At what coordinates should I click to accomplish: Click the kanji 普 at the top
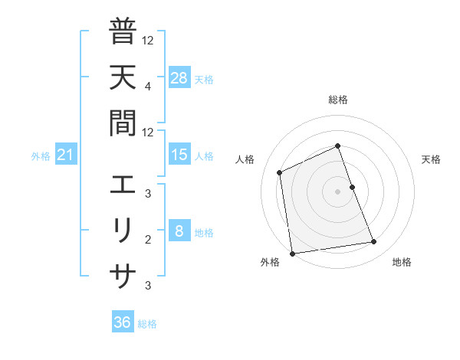tap(123, 33)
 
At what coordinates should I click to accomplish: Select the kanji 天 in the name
tap(123, 77)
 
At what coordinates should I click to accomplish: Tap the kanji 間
tap(123, 122)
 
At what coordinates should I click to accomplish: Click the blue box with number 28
tap(179, 78)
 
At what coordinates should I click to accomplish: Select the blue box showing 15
tap(179, 155)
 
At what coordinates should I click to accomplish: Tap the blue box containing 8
tap(179, 232)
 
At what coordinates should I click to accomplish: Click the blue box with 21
tap(66, 155)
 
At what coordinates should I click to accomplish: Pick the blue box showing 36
tap(123, 322)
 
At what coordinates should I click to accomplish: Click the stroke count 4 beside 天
tap(147, 86)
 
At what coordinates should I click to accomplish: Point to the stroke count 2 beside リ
tap(147, 239)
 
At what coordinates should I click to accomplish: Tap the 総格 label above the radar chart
tap(338, 100)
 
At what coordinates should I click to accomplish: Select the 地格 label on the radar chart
tap(402, 262)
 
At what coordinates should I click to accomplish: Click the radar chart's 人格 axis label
tap(245, 159)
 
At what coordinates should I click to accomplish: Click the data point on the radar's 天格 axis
tap(353, 187)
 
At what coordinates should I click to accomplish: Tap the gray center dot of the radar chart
tap(338, 191)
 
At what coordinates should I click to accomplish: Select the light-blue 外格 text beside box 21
tap(41, 156)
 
